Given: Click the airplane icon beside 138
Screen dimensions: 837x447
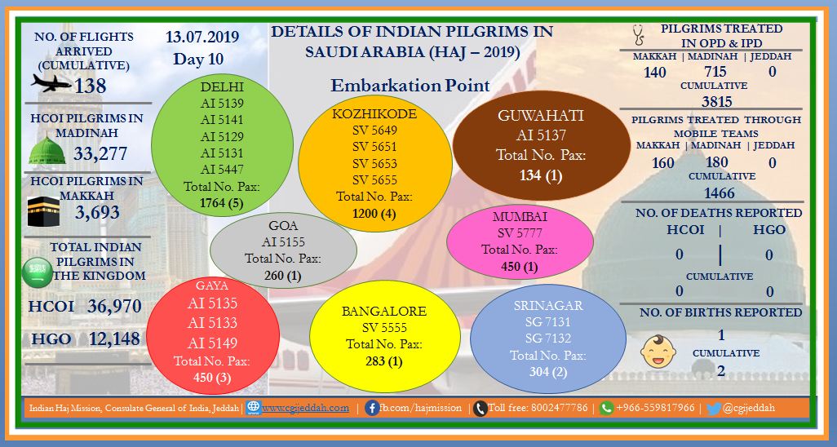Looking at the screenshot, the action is tap(51, 83).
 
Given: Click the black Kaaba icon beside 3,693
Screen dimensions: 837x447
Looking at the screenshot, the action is tap(43, 211).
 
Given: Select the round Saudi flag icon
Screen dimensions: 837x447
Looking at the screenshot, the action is tap(38, 272).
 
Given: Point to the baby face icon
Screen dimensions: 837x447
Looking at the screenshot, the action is tap(658, 351).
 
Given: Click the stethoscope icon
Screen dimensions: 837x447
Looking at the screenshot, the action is tap(638, 35).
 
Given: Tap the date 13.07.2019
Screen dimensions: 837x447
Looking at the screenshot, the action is tap(201, 37).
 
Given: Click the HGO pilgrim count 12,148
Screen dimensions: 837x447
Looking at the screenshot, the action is tap(114, 338).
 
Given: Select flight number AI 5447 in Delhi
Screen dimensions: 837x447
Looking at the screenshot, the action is tap(222, 170).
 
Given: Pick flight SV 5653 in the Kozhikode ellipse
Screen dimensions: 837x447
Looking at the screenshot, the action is tap(374, 163).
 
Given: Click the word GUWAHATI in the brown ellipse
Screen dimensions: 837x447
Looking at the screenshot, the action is tap(541, 116).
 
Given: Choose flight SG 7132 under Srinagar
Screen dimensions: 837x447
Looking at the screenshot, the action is tap(547, 338).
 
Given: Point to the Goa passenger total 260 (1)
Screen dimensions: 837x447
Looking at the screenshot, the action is tap(283, 275).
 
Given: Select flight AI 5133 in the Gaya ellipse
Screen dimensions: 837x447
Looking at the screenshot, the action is tap(212, 322).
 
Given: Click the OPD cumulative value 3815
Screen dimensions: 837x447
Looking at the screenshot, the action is tap(717, 101).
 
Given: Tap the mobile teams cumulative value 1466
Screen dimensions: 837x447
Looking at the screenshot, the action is tap(719, 193).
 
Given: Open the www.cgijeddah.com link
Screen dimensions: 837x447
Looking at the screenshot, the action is tap(305, 408).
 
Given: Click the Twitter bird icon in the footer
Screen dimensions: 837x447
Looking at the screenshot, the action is tap(714, 409).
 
